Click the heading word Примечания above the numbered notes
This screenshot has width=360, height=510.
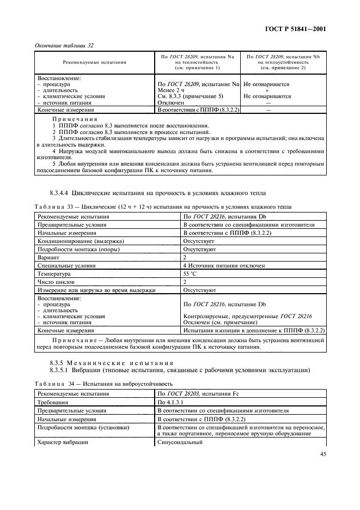tap(75, 118)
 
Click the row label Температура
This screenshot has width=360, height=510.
tap(53, 274)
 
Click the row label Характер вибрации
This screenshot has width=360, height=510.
tap(62, 442)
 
